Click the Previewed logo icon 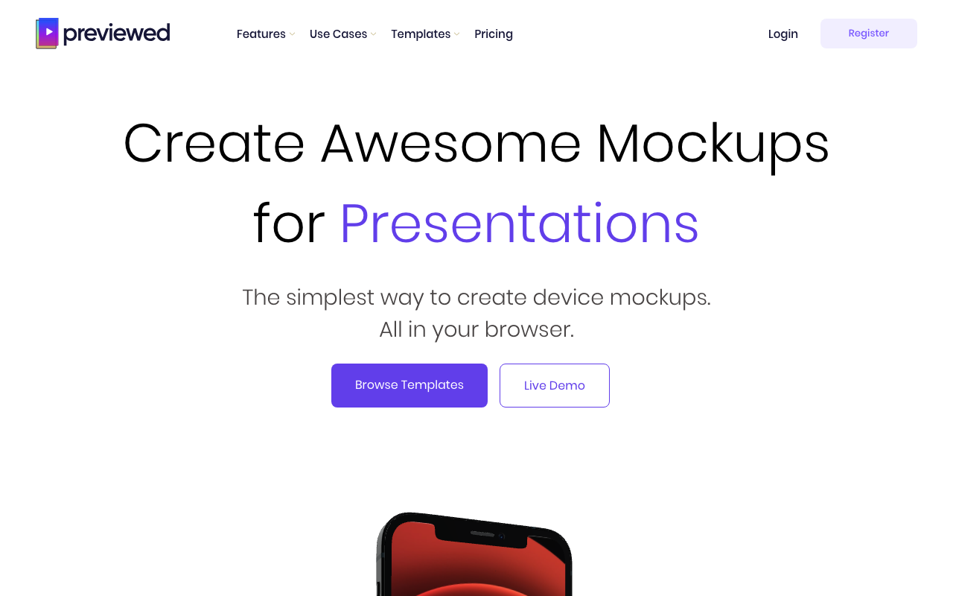(47, 34)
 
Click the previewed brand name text (117, 34)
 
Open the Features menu (261, 34)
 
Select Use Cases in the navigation (338, 34)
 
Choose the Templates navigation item (421, 34)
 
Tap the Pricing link (494, 34)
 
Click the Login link (783, 34)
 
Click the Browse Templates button (409, 385)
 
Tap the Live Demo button (555, 385)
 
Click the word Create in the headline (214, 144)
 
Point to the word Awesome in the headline (451, 144)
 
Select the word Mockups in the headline (713, 147)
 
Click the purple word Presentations (520, 223)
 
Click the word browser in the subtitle (529, 329)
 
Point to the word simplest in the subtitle (330, 297)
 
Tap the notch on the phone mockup (481, 536)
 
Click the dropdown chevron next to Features (293, 34)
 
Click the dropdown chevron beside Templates (457, 34)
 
